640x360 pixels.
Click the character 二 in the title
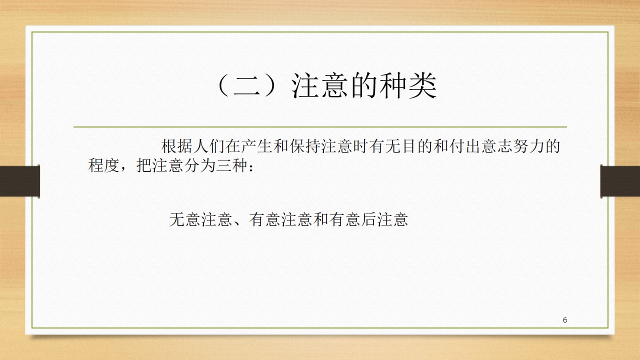click(247, 85)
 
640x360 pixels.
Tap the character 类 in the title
click(422, 85)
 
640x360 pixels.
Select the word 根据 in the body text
click(177, 146)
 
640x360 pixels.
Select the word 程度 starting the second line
click(103, 165)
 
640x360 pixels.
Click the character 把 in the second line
click(143, 165)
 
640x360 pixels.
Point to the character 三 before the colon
click(223, 165)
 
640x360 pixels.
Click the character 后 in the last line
click(368, 219)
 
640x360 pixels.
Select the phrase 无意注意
click(200, 219)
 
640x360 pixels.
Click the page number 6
click(565, 320)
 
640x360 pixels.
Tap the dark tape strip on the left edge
click(19, 181)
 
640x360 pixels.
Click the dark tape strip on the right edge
click(620, 181)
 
